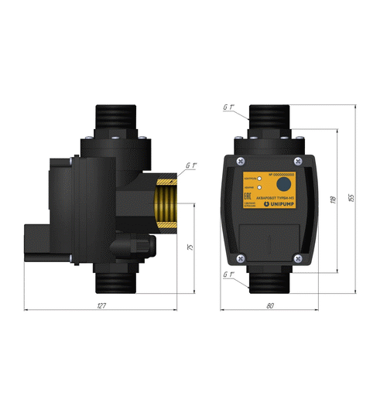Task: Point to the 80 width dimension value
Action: pyautogui.click(x=269, y=307)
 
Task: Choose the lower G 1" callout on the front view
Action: pyautogui.click(x=228, y=275)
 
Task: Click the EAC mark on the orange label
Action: pyautogui.click(x=247, y=207)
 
